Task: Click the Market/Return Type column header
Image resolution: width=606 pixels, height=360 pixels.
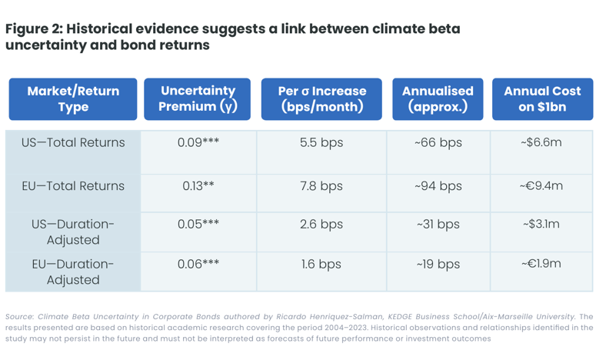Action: pyautogui.click(x=73, y=99)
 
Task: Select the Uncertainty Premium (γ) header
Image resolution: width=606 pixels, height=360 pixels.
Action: pyautogui.click(x=197, y=99)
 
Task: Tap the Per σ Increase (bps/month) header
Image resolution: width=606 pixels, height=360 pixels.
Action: pyautogui.click(x=321, y=99)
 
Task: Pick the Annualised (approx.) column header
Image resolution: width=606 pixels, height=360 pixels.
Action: pyautogui.click(x=438, y=99)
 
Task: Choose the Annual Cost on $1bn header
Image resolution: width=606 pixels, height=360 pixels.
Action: pyautogui.click(x=542, y=99)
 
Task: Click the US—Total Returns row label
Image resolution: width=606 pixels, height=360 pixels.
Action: pyautogui.click(x=73, y=142)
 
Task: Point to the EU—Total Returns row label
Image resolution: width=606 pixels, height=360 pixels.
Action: pyautogui.click(x=73, y=186)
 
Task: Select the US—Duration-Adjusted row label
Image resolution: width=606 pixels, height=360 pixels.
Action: pyautogui.click(x=73, y=232)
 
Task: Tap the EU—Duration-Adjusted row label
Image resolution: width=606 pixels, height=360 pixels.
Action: pyautogui.click(x=73, y=272)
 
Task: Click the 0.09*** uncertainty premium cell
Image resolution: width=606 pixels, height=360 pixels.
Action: pyautogui.click(x=198, y=142)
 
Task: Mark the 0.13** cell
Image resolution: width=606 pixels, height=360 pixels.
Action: pyautogui.click(x=198, y=186)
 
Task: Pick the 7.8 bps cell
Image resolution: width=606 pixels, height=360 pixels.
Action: pyautogui.click(x=321, y=186)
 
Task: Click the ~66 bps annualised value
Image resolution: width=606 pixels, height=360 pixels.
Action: pyautogui.click(x=438, y=143)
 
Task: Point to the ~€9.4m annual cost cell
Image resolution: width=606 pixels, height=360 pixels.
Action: pyautogui.click(x=541, y=186)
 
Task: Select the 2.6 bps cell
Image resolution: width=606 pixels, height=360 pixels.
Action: pyautogui.click(x=321, y=225)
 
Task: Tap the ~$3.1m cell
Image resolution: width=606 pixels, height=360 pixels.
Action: pyautogui.click(x=541, y=225)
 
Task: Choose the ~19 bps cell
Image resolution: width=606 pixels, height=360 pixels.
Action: pyautogui.click(x=438, y=265)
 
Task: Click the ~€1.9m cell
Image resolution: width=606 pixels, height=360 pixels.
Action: pyautogui.click(x=541, y=264)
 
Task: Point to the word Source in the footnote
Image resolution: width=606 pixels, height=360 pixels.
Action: pyautogui.click(x=19, y=316)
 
